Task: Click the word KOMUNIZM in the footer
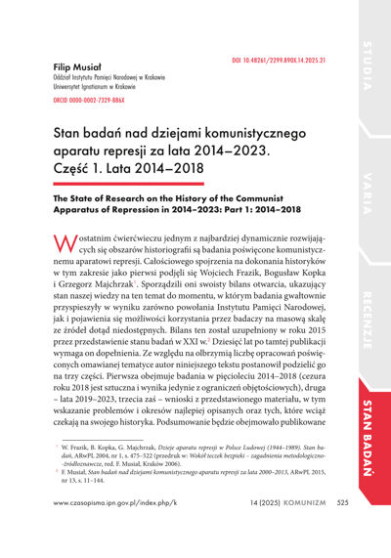click(306, 532)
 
